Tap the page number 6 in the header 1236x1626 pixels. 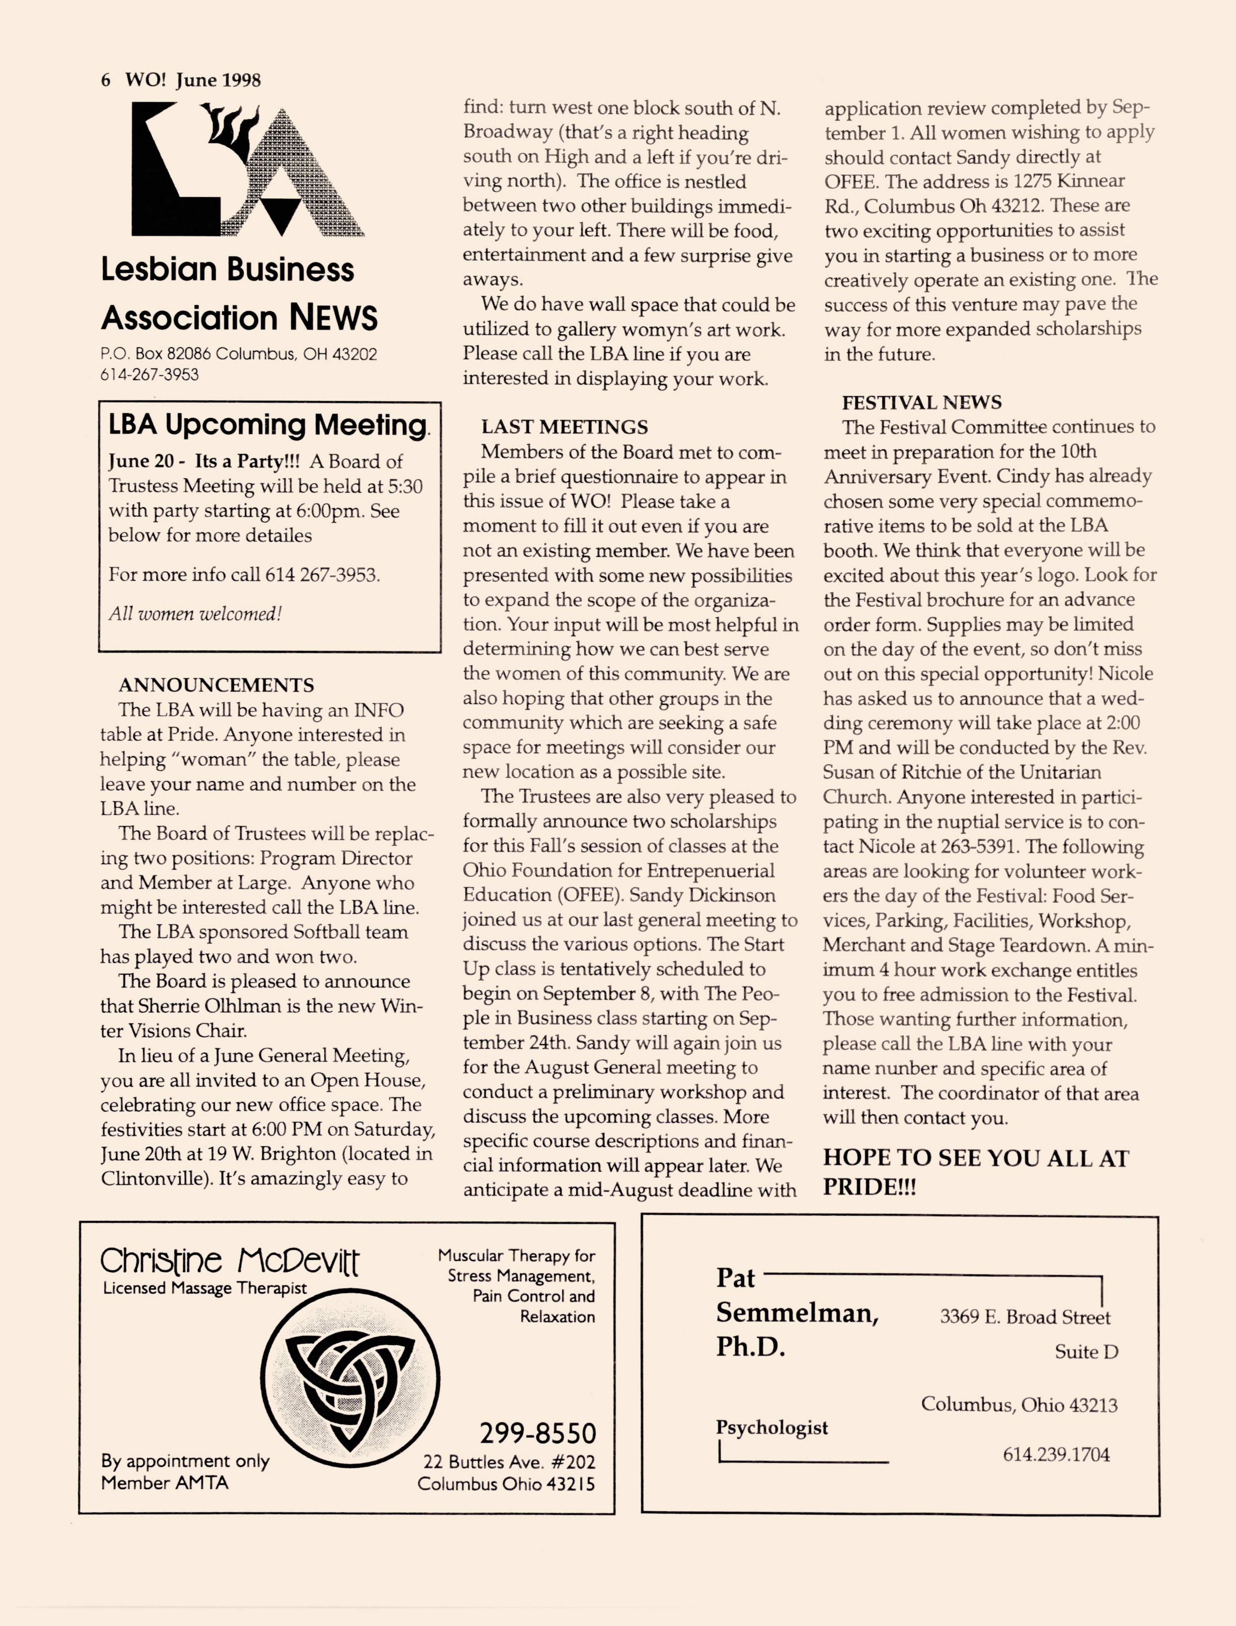[106, 80]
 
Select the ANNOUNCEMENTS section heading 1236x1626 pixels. [216, 685]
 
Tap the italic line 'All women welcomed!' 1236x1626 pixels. [195, 614]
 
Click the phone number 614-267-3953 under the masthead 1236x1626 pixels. [149, 374]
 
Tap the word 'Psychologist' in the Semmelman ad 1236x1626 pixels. [772, 1427]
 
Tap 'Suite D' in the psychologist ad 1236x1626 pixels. [1086, 1352]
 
